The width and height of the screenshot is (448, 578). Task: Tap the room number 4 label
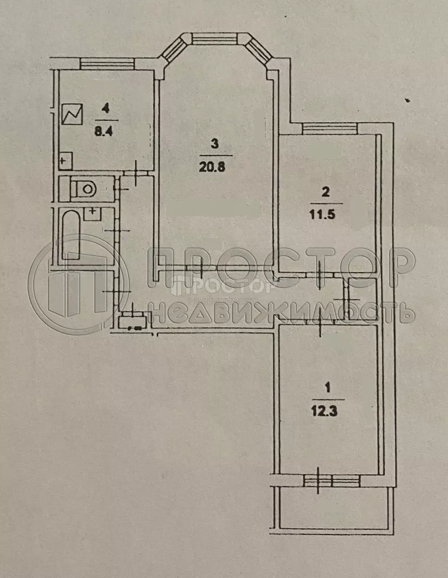pyautogui.click(x=106, y=109)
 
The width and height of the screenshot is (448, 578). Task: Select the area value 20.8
pyautogui.click(x=214, y=167)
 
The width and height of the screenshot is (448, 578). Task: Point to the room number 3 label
pyautogui.click(x=214, y=144)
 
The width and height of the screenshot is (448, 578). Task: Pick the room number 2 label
pyautogui.click(x=325, y=191)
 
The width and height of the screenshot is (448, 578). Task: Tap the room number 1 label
pyautogui.click(x=326, y=387)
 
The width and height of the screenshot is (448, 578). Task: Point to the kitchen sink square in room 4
pyautogui.click(x=65, y=161)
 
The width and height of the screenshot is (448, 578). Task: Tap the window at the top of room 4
pyautogui.click(x=107, y=63)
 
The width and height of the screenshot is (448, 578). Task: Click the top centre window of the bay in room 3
pyautogui.click(x=215, y=40)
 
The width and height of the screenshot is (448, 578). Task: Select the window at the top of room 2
pyautogui.click(x=330, y=128)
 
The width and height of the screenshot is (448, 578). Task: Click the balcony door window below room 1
pyautogui.click(x=331, y=481)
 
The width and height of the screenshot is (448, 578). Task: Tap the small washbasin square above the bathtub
pyautogui.click(x=93, y=212)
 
